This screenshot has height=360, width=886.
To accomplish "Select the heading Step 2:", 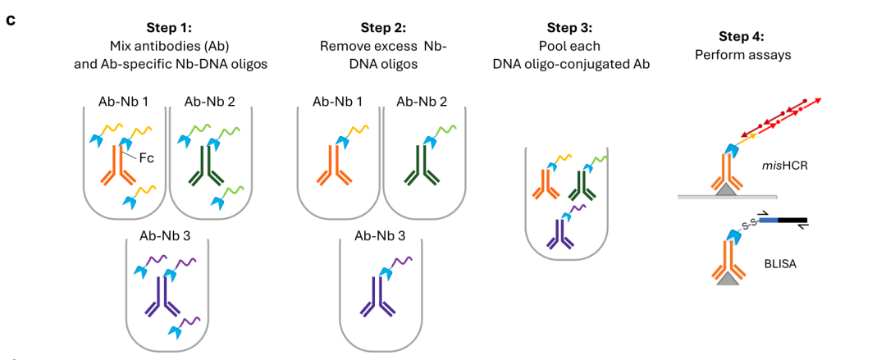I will click(x=383, y=27).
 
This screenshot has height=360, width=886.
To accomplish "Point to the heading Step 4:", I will click(x=741, y=37).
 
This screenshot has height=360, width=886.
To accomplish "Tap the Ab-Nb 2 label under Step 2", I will click(x=422, y=101).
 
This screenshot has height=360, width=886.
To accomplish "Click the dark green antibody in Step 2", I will click(x=422, y=166).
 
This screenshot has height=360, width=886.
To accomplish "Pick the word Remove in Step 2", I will click(x=344, y=46).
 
